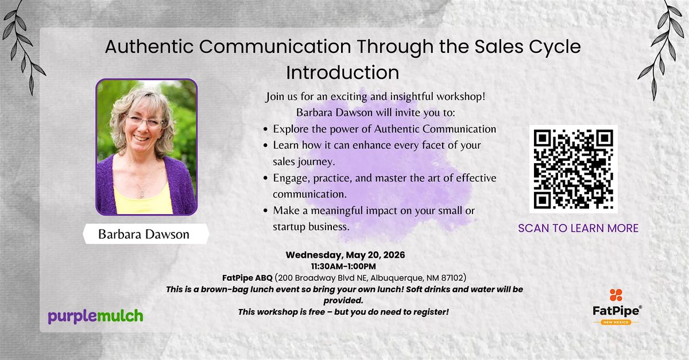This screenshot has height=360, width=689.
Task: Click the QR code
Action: (574, 169)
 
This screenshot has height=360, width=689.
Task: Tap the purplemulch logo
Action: (95, 316)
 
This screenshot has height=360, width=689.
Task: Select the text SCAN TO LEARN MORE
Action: (578, 229)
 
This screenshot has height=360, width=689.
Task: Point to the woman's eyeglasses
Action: (145, 121)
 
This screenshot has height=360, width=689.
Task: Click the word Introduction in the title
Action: (343, 72)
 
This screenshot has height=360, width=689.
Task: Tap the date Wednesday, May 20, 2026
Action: (345, 255)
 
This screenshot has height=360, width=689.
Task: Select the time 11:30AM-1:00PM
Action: (343, 266)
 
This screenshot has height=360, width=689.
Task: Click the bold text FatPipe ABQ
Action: (247, 278)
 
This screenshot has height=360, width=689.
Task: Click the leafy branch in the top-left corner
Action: (24, 46)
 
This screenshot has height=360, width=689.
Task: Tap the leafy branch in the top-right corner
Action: (661, 49)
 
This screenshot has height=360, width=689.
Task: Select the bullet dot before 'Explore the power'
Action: (266, 130)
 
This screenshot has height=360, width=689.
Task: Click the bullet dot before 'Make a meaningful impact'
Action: (266, 211)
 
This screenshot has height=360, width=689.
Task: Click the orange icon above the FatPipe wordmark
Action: (616, 295)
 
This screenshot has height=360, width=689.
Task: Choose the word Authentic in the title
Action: (149, 47)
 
